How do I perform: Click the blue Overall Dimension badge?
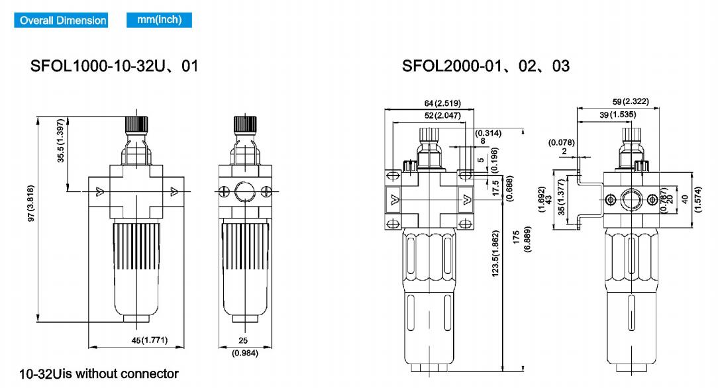click(61, 20)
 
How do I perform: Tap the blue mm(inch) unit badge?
click(160, 20)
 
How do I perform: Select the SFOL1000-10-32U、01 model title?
click(115, 66)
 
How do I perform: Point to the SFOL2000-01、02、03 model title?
click(486, 66)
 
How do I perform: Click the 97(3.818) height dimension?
click(31, 204)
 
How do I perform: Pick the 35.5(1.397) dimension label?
click(60, 141)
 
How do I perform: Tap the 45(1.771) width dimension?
click(149, 340)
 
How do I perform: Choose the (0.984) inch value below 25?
click(245, 353)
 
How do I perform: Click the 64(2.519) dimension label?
click(442, 103)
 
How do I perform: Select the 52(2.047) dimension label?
click(442, 116)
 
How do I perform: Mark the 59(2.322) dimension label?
click(631, 101)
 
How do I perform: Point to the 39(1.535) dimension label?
click(618, 115)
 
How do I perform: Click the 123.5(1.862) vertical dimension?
click(495, 254)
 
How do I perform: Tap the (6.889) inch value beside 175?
click(527, 239)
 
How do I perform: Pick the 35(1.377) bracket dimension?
click(561, 197)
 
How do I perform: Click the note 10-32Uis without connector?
click(99, 374)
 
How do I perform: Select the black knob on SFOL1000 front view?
click(136, 124)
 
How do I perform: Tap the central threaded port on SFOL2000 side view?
click(631, 200)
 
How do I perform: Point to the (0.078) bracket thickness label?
click(562, 143)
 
